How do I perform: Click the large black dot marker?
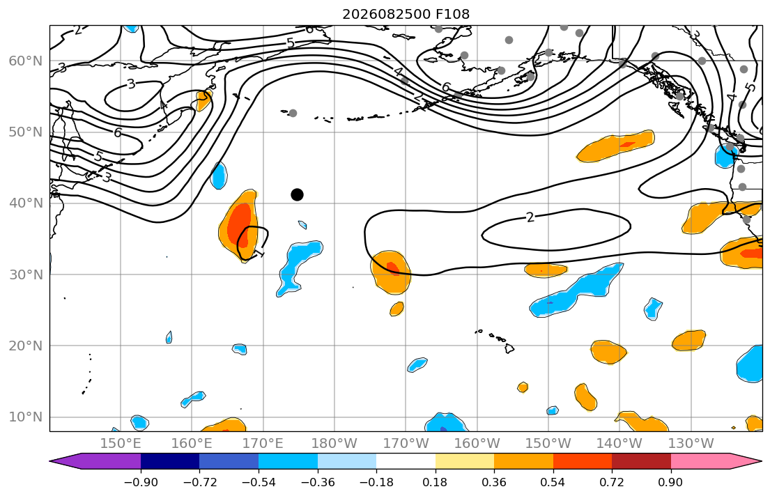[297, 195]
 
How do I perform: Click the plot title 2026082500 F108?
[406, 14]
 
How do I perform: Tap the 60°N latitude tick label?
[26, 61]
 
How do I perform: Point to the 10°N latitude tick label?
[26, 417]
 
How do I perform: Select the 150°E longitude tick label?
[121, 444]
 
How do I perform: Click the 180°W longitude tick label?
[334, 444]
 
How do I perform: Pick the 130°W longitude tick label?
[691, 444]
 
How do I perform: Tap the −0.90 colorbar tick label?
[141, 482]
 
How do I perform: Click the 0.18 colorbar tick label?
[435, 482]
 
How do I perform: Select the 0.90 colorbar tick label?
[671, 482]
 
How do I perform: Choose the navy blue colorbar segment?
[170, 461]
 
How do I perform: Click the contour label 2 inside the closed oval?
[530, 217]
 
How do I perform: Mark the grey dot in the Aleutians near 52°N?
[293, 113]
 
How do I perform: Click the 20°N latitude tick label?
[26, 346]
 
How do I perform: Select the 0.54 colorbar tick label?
[553, 482]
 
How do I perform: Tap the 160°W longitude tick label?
[477, 444]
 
